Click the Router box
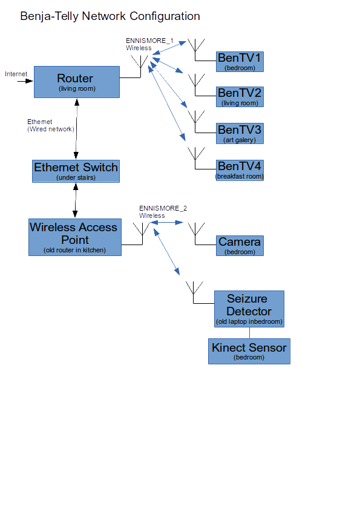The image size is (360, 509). tap(77, 82)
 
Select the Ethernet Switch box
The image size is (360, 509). tap(76, 171)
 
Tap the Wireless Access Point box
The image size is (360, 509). tap(75, 237)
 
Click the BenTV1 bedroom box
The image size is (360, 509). tap(240, 62)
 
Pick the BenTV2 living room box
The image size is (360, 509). tap(240, 97)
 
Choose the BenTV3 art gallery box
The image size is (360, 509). tap(240, 133)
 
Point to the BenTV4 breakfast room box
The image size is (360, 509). tap(240, 170)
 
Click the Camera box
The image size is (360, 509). tap(240, 246)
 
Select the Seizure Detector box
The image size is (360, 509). tap(249, 309)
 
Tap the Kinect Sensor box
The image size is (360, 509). tap(249, 351)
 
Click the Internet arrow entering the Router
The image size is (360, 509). tap(25, 81)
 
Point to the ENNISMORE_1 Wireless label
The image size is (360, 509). tap(149, 44)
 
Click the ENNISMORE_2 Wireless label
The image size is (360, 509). tap(163, 212)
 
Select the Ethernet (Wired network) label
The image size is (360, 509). tap(51, 125)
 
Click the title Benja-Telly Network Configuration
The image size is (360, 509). tap(110, 16)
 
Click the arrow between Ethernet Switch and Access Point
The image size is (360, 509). tap(75, 200)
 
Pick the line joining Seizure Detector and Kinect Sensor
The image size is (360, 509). tap(249, 333)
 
